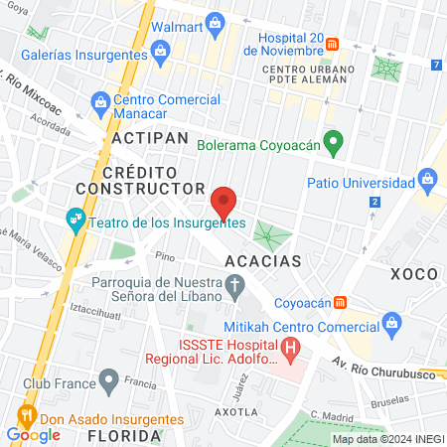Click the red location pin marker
(224, 203)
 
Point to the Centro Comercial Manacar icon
(100, 100)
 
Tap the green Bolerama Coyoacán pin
(335, 144)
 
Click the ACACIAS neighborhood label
(263, 260)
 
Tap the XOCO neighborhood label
(414, 272)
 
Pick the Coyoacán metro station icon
(340, 301)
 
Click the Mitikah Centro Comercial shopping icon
(392, 322)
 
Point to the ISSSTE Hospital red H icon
(290, 349)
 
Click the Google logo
(34, 434)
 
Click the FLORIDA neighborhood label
(124, 435)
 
